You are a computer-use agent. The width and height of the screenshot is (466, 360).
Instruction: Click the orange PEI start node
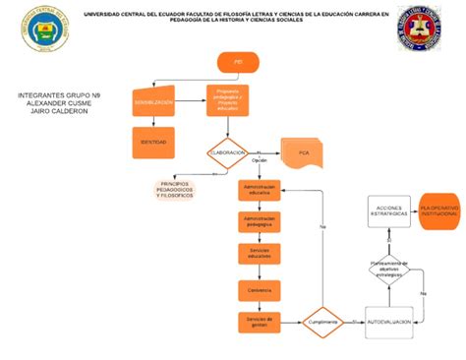(238, 62)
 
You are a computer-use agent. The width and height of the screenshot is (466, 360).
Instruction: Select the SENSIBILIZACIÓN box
(155, 101)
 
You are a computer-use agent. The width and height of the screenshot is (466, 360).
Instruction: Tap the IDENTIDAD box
(155, 143)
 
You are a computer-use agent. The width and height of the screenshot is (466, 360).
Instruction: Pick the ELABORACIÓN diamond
(227, 152)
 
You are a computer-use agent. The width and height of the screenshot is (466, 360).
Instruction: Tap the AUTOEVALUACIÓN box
(388, 322)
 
